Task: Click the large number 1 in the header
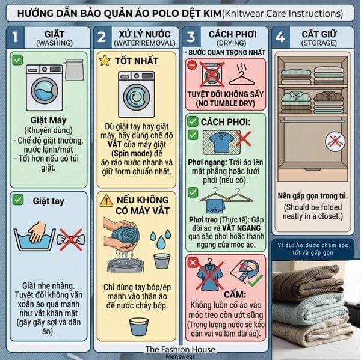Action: pyautogui.click(x=15, y=37)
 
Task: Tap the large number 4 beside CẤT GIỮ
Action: pyautogui.click(x=280, y=37)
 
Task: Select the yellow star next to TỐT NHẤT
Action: pyautogui.click(x=105, y=60)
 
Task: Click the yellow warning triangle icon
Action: pyautogui.click(x=106, y=201)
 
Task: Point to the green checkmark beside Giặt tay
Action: pyautogui.click(x=18, y=200)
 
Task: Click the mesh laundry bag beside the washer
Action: pyautogui.click(x=74, y=70)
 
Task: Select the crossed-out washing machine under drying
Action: pyautogui.click(x=211, y=75)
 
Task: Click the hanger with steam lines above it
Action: pyautogui.click(x=242, y=75)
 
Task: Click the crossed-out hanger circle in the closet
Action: pyautogui.click(x=335, y=141)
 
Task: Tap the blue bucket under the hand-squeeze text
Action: pyautogui.click(x=139, y=327)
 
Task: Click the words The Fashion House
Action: pyautogui.click(x=180, y=349)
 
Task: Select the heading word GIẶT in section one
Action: pyautogui.click(x=54, y=34)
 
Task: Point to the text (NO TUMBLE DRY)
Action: pyautogui.click(x=226, y=103)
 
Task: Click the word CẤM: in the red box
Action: pyautogui.click(x=235, y=294)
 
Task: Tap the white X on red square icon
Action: pyautogui.click(x=193, y=263)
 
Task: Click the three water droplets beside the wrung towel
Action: pyautogui.click(x=161, y=239)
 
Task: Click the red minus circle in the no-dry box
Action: pyautogui.click(x=192, y=65)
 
